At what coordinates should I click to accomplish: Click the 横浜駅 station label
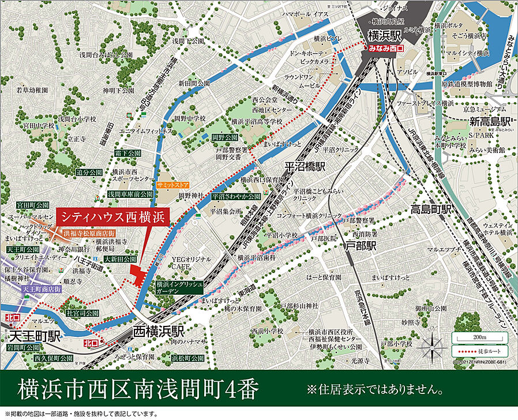click(385, 34)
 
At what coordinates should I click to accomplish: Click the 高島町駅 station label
click(430, 209)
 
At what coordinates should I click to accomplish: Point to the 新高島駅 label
click(490, 122)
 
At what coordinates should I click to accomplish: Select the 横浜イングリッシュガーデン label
click(176, 288)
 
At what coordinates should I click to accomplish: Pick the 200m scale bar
click(479, 337)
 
